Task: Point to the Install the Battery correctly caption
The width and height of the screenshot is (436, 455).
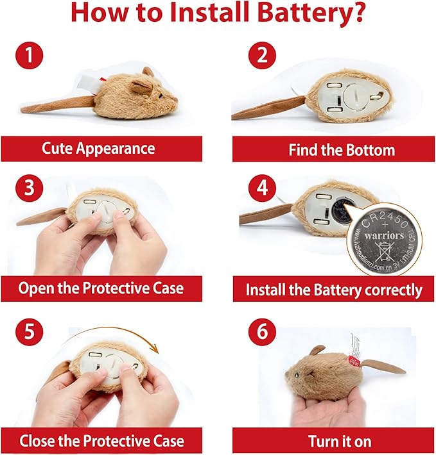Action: point(334,290)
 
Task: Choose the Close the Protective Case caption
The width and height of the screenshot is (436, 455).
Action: point(101,441)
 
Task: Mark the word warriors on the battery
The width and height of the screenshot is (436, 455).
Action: point(385,236)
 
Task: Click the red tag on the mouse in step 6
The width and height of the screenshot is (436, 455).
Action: point(352,356)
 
